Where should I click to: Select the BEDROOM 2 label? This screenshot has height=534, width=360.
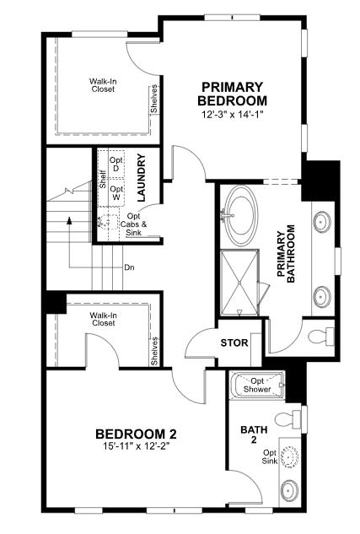pos(135,434)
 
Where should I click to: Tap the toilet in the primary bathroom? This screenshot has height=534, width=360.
pos(320,337)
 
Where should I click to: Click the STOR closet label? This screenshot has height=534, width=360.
pos(234,343)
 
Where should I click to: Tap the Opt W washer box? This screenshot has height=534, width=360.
pos(116,193)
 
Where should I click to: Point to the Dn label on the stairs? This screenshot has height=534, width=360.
pos(129,268)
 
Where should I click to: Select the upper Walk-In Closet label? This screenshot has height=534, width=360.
pos(104,86)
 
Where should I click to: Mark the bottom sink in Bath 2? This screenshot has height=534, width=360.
pos(289,490)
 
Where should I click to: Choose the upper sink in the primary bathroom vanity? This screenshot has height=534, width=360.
pos(321,223)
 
